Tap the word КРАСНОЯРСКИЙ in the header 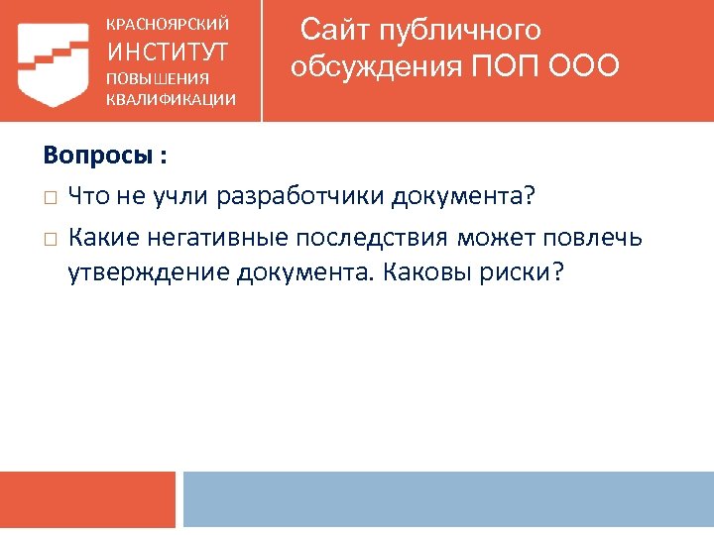[x=168, y=23]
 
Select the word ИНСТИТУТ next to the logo [x=168, y=51]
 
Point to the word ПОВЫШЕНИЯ [x=158, y=78]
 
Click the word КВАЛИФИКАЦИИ [x=171, y=98]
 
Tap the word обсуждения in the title [x=376, y=66]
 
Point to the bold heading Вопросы [x=98, y=156]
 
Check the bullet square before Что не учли [x=51, y=197]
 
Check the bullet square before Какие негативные [x=51, y=239]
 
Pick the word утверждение [x=148, y=272]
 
